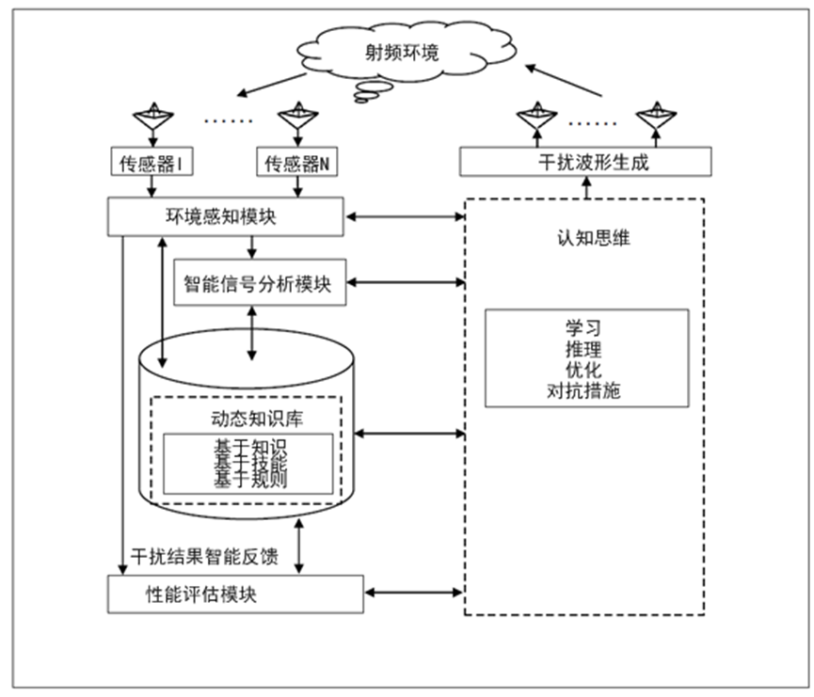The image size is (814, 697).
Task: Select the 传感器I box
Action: coord(151,163)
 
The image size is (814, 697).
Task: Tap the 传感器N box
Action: coord(297,163)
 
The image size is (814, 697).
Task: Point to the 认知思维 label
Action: coord(584,238)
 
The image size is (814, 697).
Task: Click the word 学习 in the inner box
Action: coord(584,329)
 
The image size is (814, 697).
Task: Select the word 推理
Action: coord(584,350)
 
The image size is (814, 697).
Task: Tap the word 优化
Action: coord(584,371)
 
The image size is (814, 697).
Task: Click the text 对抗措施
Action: coord(584,391)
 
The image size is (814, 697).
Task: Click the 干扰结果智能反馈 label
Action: coord(204,557)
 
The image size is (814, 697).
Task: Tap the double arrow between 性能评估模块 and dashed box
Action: coord(414,593)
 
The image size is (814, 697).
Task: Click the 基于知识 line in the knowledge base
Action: coord(248,445)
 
